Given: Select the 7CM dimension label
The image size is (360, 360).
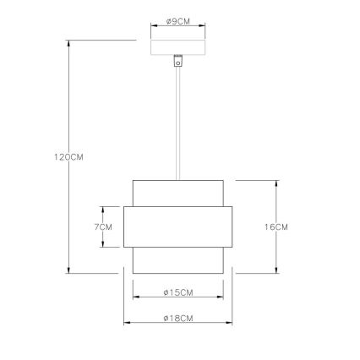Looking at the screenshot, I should [x=104, y=226].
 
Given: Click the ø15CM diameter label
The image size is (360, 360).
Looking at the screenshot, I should [x=177, y=293].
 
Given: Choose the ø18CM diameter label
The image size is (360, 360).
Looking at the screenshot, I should [x=177, y=319].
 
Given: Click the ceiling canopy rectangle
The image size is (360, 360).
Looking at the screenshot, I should [x=177, y=47].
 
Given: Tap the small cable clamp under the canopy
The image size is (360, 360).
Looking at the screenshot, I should [x=178, y=61].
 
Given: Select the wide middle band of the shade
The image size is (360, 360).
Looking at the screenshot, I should [x=177, y=226].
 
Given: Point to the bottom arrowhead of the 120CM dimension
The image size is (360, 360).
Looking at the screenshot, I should [x=68, y=270].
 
